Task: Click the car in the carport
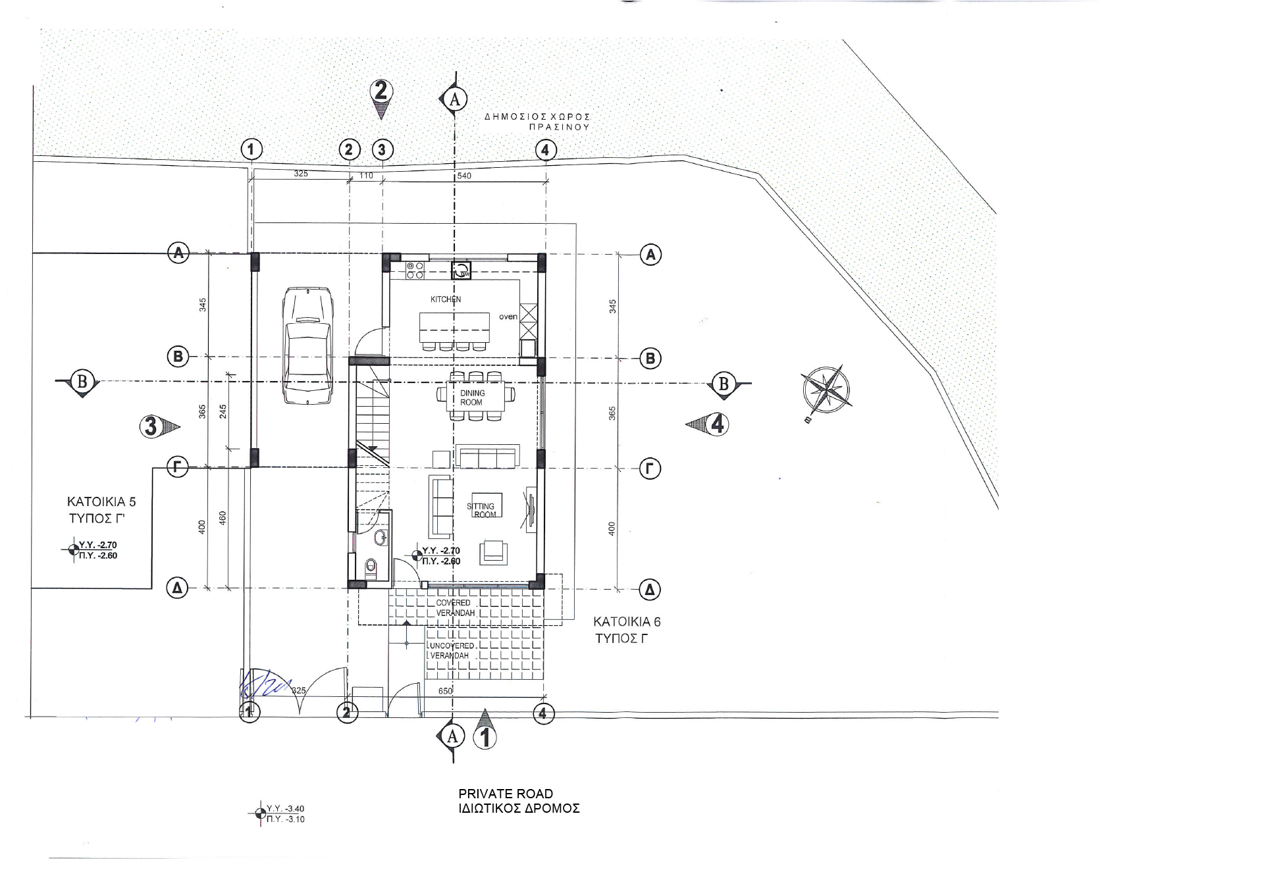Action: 307,346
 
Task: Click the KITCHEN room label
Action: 446,299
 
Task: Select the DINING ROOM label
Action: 472,397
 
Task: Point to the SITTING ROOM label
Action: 483,510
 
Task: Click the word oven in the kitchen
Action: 508,317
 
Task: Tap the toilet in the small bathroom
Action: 371,566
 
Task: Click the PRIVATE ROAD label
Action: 506,794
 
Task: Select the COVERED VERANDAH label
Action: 455,607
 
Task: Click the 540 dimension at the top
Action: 464,176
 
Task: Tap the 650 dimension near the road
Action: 446,691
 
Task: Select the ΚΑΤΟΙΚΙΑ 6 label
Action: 627,621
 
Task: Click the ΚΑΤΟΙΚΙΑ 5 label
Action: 101,501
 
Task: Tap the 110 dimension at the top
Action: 367,176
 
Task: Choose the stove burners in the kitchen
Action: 415,270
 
